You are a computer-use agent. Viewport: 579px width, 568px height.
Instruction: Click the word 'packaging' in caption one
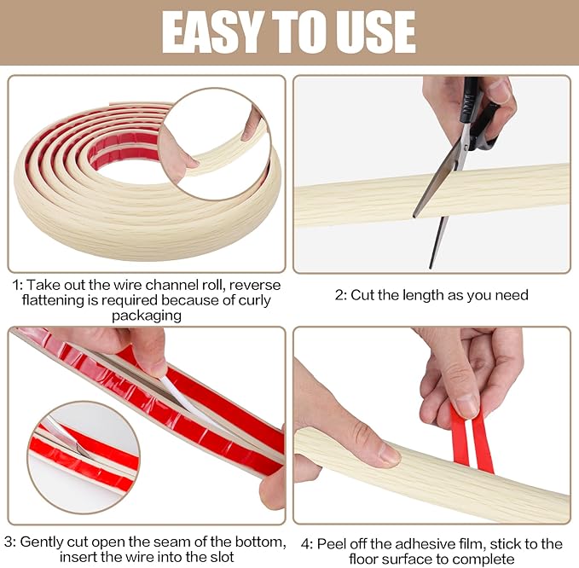click(146, 316)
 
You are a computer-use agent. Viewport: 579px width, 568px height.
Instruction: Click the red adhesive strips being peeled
click(471, 439)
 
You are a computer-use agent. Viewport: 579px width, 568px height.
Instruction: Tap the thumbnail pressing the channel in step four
click(388, 455)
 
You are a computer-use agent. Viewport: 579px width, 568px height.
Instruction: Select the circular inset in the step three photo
click(84, 451)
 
